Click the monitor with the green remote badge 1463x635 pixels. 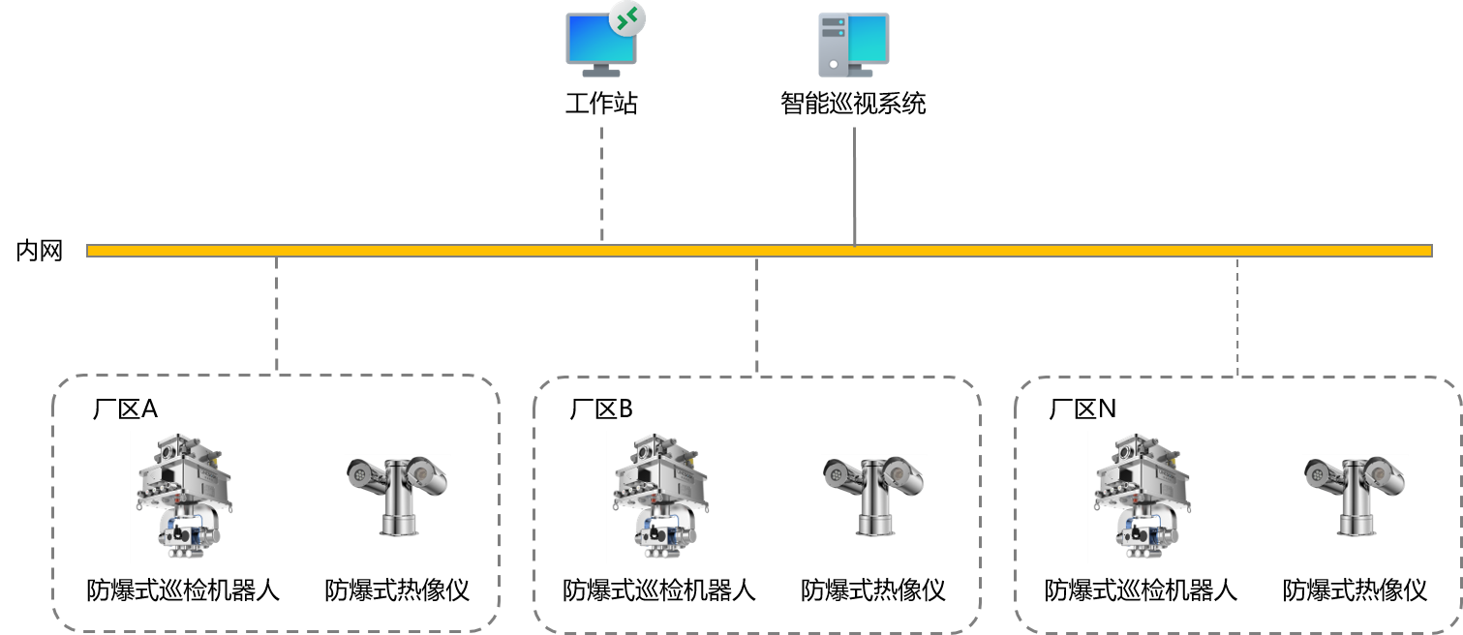pos(600,44)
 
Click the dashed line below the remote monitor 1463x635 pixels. pos(602,184)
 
